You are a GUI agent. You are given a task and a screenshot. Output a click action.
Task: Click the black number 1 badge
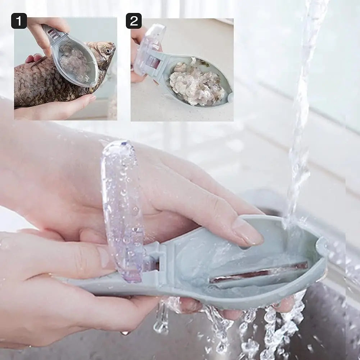(19, 21)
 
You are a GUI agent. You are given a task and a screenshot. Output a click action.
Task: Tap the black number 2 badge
(133, 21)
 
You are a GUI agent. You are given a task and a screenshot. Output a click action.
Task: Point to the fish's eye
(108, 51)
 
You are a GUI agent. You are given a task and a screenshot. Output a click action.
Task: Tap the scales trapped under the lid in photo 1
(74, 61)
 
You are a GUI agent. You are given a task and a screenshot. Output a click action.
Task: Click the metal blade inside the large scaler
(259, 273)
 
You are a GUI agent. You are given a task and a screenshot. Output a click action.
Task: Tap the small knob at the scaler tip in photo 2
(230, 96)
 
